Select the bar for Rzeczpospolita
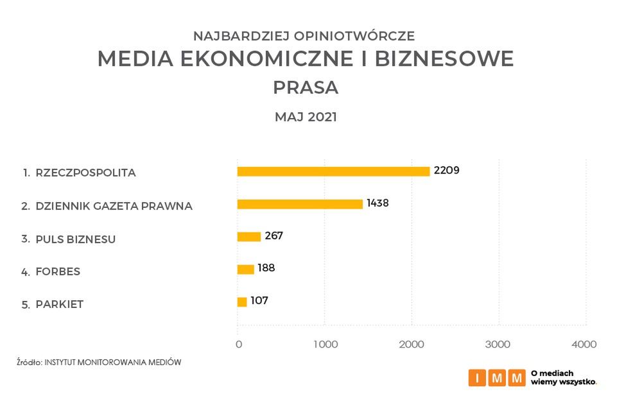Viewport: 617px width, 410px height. coord(333,171)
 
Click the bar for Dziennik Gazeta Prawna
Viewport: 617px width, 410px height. coord(300,204)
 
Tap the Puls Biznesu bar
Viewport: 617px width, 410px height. coord(249,237)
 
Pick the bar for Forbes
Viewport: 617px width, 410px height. coord(246,269)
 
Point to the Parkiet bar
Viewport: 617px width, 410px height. coord(242,302)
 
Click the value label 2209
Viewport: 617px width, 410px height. coord(447,170)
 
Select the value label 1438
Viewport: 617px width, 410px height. coord(378,203)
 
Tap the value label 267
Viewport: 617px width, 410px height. coord(274,235)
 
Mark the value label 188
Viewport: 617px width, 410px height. coord(266,268)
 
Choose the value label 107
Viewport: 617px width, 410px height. coord(259,300)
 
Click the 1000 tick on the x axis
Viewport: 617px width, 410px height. coord(326,345)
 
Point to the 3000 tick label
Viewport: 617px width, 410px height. coord(498,345)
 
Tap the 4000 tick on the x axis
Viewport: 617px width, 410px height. coord(584,345)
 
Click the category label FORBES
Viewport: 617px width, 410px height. coord(58,271)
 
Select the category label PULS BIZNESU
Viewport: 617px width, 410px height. coord(76,239)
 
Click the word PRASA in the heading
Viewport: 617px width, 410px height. coord(306,87)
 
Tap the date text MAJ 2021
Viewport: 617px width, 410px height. coord(306,117)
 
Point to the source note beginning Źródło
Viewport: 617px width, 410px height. coord(99,363)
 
